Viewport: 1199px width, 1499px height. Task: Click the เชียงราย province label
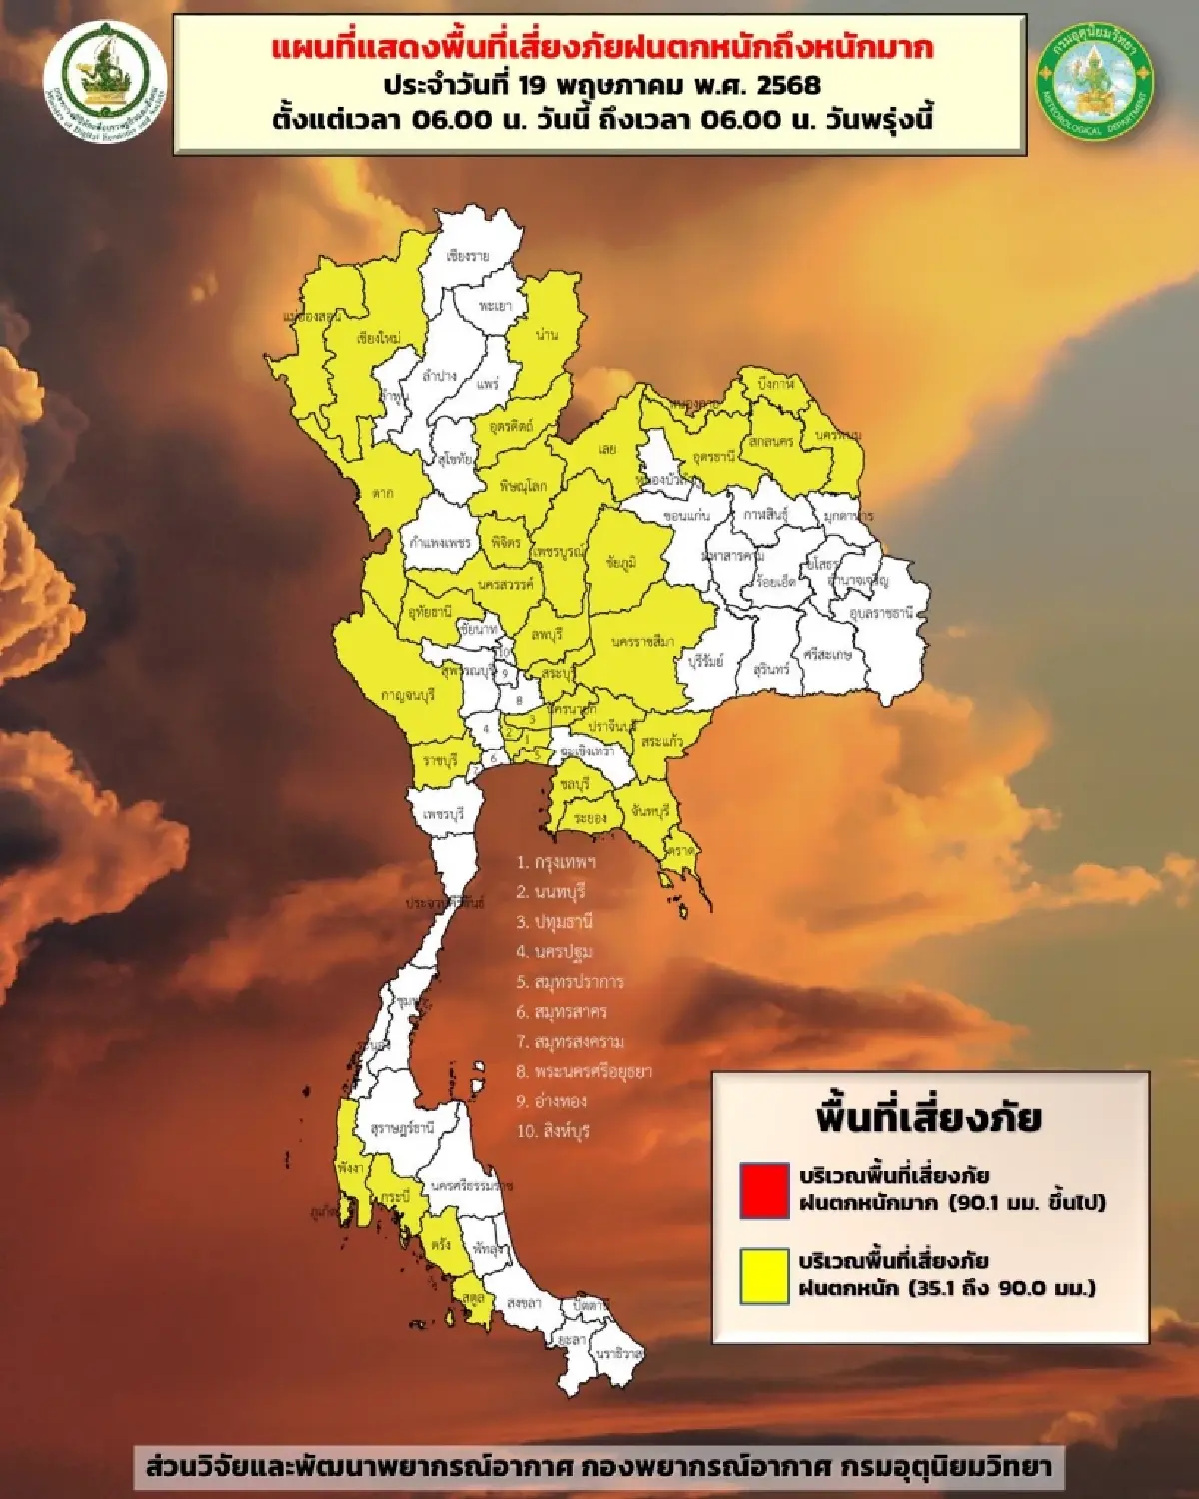[x=468, y=256]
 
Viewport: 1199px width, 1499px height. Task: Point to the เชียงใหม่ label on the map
[x=378, y=338]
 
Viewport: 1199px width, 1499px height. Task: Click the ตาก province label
[x=381, y=493]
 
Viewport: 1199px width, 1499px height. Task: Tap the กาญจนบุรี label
[x=407, y=694]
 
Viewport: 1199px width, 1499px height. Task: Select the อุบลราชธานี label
[x=881, y=613]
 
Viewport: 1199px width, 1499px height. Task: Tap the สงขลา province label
[x=524, y=1303]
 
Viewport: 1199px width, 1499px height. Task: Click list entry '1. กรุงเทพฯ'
[x=556, y=861]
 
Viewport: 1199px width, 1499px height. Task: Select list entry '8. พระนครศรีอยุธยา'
[x=584, y=1071]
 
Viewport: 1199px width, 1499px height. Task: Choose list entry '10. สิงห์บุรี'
[x=553, y=1131]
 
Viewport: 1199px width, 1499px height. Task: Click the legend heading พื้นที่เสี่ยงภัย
[x=928, y=1117]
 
